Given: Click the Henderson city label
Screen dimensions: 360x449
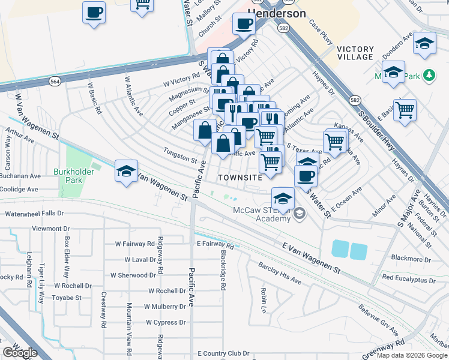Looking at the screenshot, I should (276, 13).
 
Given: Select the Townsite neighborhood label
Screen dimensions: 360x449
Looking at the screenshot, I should (240, 178).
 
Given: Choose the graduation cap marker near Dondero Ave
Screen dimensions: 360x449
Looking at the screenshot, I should (424, 43).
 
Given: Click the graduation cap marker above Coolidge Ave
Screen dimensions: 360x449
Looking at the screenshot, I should (127, 171).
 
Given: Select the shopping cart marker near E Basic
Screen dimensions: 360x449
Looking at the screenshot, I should (405, 109).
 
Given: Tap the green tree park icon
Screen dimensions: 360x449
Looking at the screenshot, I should (428, 75).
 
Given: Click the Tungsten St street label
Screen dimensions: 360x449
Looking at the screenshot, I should (182, 160).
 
